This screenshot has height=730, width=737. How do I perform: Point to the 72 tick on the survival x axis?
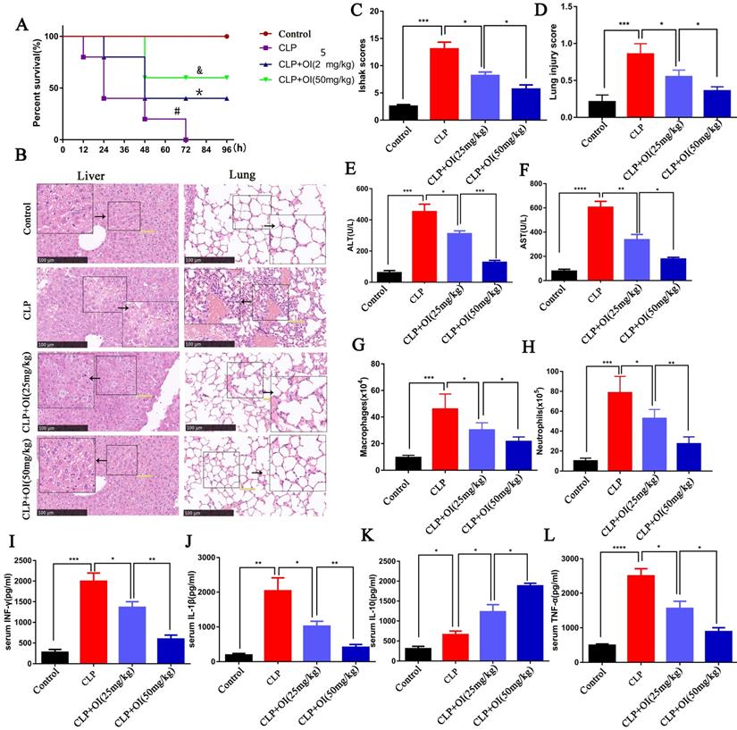[186, 150]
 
